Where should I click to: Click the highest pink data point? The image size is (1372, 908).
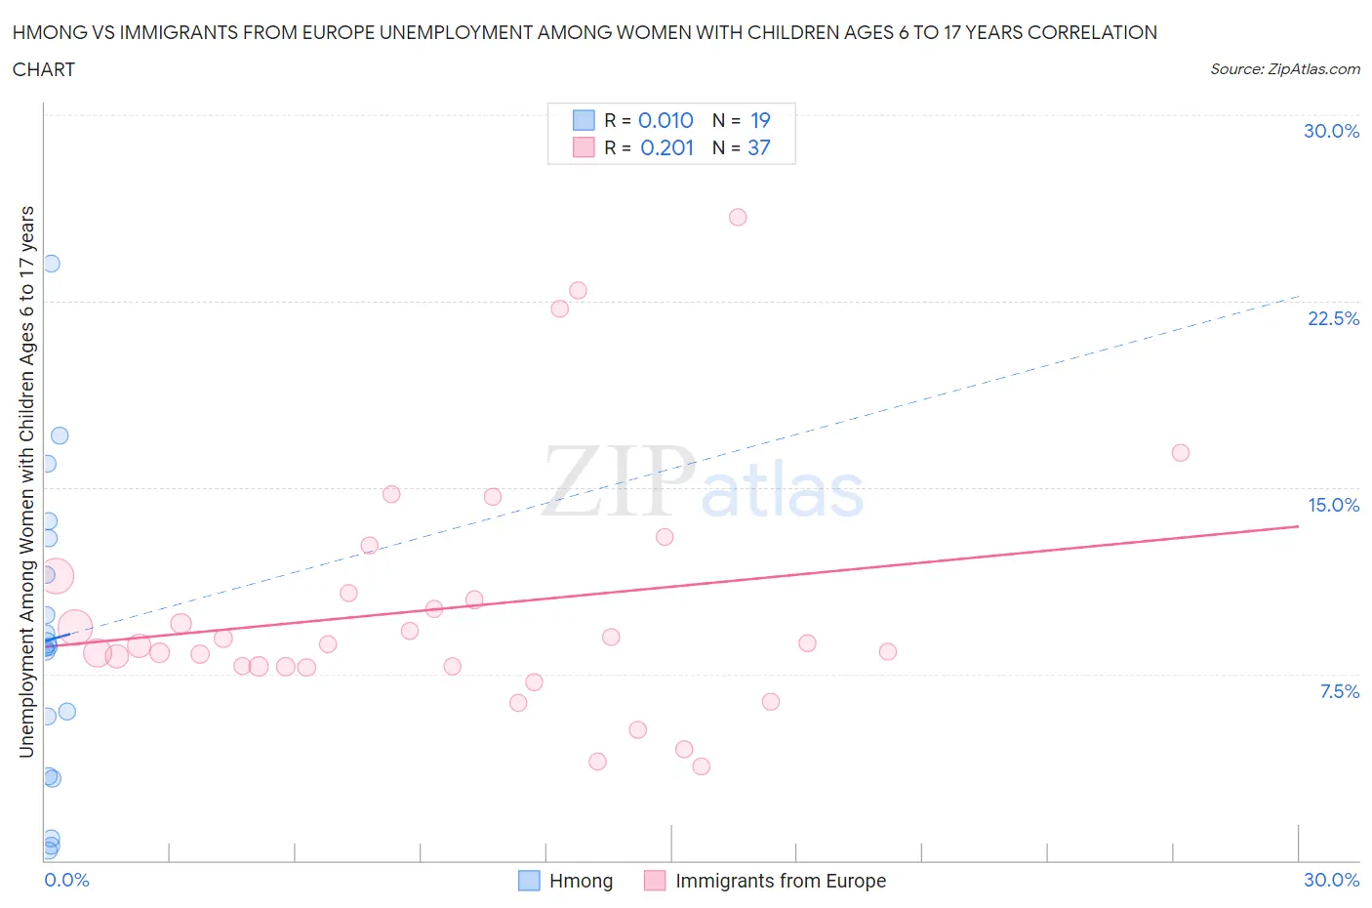pos(738,217)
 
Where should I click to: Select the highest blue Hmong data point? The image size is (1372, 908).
pos(51,264)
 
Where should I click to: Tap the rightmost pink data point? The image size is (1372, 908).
pos(1180,452)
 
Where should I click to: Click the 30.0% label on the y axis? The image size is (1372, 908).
pos(1331,131)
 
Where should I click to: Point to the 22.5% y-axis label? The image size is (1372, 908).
pos(1333,318)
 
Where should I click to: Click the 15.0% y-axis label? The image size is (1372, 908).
pos(1333,505)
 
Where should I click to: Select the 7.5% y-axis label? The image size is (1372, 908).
pos(1339,691)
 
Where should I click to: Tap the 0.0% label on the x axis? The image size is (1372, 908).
pos(66,880)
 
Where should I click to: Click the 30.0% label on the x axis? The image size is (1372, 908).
pos(1331,880)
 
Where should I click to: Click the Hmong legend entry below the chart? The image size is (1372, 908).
pos(581,881)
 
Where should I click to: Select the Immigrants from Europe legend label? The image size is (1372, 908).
pos(780,881)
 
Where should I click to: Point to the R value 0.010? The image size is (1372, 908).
pos(666,120)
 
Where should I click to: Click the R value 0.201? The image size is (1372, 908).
pos(666,147)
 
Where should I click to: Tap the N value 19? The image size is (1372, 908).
pos(760,120)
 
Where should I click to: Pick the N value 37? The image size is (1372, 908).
pos(758,147)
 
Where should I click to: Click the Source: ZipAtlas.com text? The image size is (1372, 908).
pos(1284,69)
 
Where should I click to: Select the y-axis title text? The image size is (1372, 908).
pos(26,481)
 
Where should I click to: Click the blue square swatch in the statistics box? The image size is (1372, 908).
pos(584,120)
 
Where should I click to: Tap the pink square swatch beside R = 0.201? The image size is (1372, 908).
pos(584,147)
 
